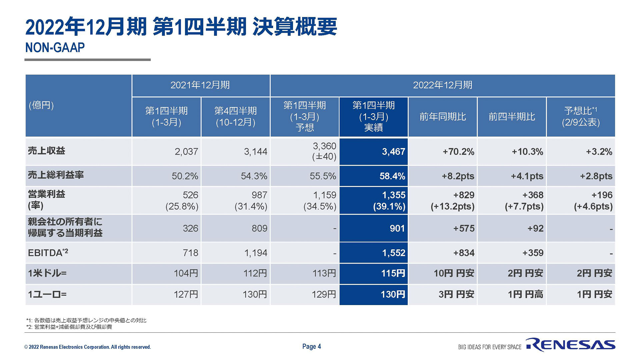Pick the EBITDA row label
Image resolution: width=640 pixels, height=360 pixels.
coord(48,253)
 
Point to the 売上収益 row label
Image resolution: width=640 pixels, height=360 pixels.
coord(47,151)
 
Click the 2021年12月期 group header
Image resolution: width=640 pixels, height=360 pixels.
coord(200,85)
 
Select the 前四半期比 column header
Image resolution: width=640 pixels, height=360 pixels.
coord(512,117)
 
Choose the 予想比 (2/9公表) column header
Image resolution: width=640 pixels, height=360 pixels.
coord(581,117)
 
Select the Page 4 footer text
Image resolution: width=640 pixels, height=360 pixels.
coord(311,346)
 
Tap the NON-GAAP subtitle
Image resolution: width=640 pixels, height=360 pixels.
coord(55,48)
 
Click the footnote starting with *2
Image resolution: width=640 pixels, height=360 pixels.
coord(69,327)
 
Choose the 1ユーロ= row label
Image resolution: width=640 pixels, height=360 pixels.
coord(47,294)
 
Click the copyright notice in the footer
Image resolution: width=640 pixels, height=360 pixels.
coord(87,347)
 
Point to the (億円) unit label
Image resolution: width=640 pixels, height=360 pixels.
coord(41,105)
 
